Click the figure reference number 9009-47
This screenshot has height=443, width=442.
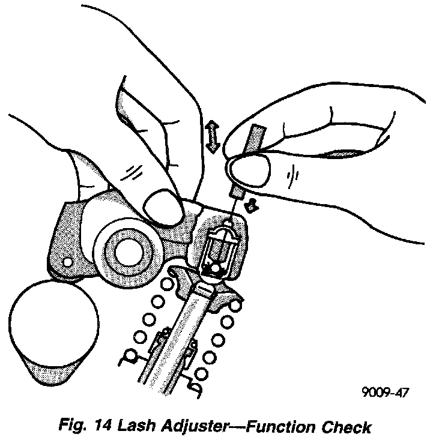click(x=386, y=393)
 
